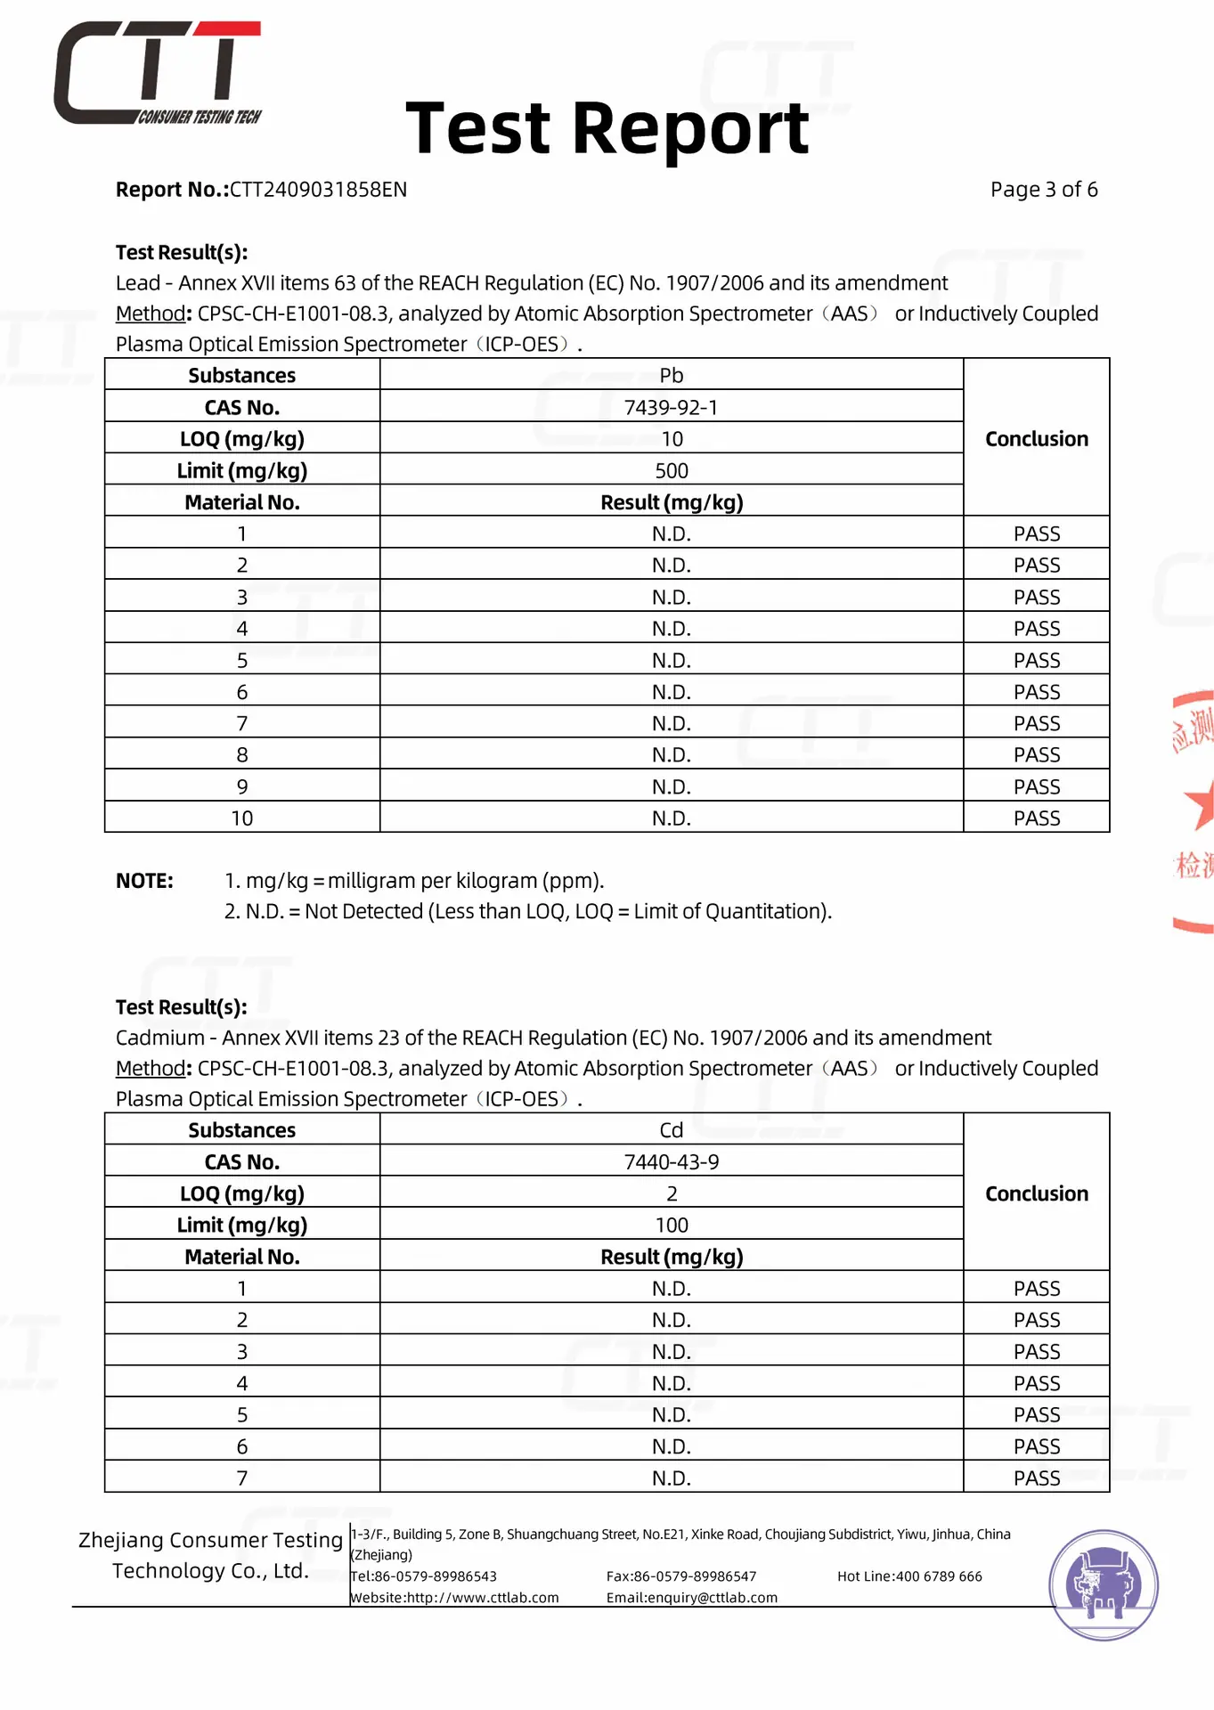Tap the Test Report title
pyautogui.click(x=607, y=129)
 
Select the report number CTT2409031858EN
pyautogui.click(x=318, y=190)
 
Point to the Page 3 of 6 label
pyautogui.click(x=1043, y=190)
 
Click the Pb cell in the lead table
pyautogui.click(x=671, y=375)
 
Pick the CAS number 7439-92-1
pyautogui.click(x=671, y=407)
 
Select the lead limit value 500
pyautogui.click(x=671, y=470)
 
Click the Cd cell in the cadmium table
pyautogui.click(x=671, y=1129)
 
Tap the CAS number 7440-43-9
pyautogui.click(x=671, y=1161)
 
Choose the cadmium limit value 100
pyautogui.click(x=671, y=1225)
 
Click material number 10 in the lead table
pyautogui.click(x=241, y=818)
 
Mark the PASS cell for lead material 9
pyautogui.click(x=1036, y=786)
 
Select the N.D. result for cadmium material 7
pyautogui.click(x=671, y=1478)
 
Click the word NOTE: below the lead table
pyautogui.click(x=144, y=881)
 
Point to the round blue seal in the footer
pyautogui.click(x=1104, y=1584)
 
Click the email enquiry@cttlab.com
pyautogui.click(x=691, y=1598)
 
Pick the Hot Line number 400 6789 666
pyautogui.click(x=939, y=1576)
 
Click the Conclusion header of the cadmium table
pyautogui.click(x=1036, y=1193)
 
